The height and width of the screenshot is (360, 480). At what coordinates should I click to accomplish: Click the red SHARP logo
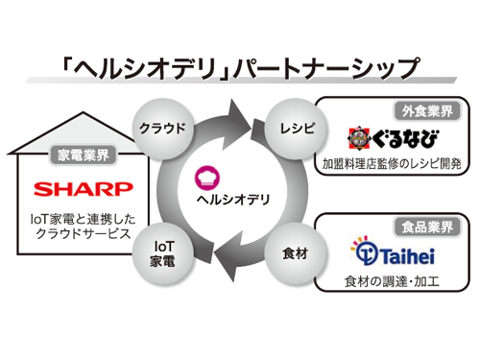pyautogui.click(x=68, y=187)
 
